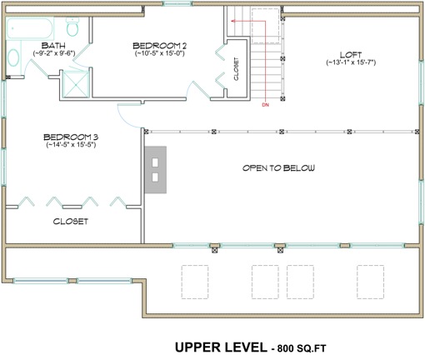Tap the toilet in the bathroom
click(73, 32)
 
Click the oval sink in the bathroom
click(13, 59)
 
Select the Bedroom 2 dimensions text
click(158, 53)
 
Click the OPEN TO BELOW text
click(278, 167)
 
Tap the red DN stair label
click(265, 106)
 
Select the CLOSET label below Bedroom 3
click(71, 222)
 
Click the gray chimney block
click(156, 169)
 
